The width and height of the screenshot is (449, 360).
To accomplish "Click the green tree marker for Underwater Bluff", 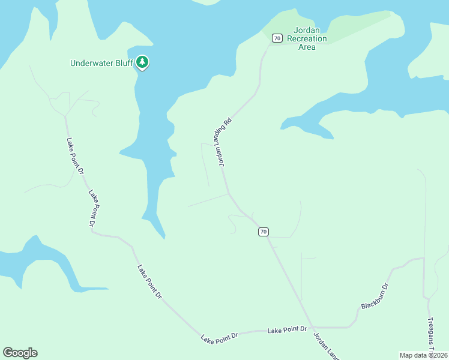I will point(142,62).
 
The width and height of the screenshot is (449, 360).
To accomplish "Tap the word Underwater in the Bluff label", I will point(91,63).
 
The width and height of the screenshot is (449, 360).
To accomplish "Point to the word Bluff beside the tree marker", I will point(123,63).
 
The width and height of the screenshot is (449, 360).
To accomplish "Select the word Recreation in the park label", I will point(307,39).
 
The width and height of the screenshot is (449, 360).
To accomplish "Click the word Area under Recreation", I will point(307,47).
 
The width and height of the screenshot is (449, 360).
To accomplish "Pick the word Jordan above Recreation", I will point(307,31).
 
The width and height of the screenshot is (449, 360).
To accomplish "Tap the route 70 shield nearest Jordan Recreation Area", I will point(277,38).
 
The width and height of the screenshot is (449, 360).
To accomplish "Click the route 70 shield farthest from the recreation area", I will point(263,232).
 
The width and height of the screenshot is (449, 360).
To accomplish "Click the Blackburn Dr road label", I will point(376,296).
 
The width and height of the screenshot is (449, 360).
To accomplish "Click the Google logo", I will point(20,353).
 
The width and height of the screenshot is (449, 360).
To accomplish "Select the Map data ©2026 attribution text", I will point(423,355).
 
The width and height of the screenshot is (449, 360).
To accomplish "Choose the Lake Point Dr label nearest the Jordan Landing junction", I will point(287,329).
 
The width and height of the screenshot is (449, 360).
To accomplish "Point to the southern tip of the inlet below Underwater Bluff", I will point(162,236).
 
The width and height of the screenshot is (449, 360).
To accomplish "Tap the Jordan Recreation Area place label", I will point(307,39).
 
